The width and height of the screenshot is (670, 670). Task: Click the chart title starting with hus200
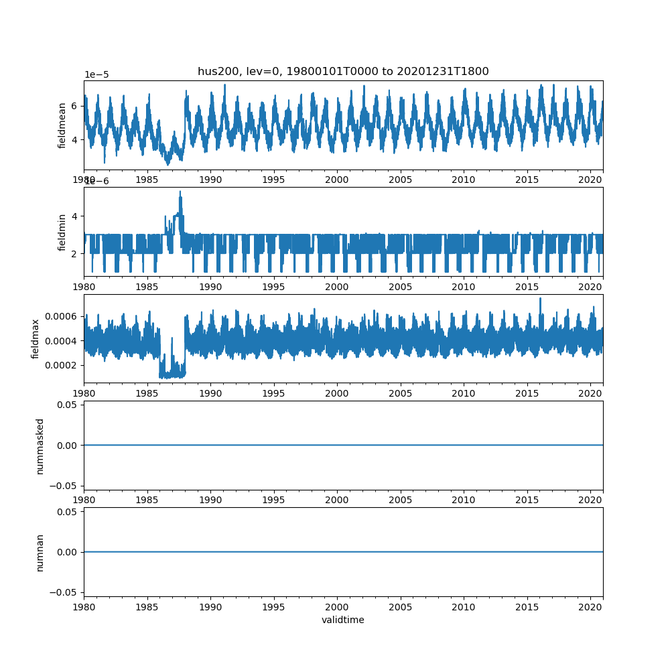point(343,71)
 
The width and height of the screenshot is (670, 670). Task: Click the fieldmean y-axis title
point(62,125)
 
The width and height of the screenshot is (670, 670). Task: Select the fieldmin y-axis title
point(62,232)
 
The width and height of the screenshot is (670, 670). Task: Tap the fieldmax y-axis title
point(36,338)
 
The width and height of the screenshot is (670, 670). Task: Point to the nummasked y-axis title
point(40,446)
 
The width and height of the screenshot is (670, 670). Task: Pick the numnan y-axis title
point(40,552)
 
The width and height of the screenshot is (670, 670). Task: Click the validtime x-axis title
point(343,620)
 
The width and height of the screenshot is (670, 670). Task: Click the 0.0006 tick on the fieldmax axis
point(62,316)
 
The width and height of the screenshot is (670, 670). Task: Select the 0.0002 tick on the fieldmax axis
point(62,365)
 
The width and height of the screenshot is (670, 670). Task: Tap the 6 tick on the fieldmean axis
point(75,106)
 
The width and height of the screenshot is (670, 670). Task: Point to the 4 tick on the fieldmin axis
point(75,216)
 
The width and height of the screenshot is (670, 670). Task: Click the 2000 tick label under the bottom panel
point(337,606)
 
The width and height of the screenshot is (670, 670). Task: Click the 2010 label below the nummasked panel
point(464,499)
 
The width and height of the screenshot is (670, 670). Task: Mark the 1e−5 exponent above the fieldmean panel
point(96,74)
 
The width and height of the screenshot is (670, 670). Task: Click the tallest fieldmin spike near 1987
point(180,192)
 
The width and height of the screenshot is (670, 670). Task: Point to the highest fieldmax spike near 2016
point(540,298)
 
